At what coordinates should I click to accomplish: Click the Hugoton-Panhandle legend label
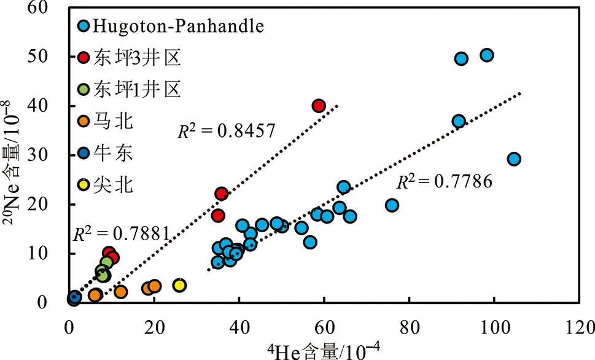tap(178, 26)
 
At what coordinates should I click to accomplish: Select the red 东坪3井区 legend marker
tap(84, 58)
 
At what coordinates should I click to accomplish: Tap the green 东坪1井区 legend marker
tap(84, 90)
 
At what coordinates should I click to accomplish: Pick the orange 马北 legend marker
tap(84, 121)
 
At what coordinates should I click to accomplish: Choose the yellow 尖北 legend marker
tap(84, 184)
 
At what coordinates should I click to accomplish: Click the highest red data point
tap(319, 106)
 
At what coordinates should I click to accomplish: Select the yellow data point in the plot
tap(179, 285)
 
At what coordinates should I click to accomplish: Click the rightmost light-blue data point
tap(514, 159)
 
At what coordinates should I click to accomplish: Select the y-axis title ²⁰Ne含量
tap(18, 154)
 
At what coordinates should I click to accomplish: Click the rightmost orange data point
tap(154, 286)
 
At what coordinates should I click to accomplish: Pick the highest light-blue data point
tap(487, 55)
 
